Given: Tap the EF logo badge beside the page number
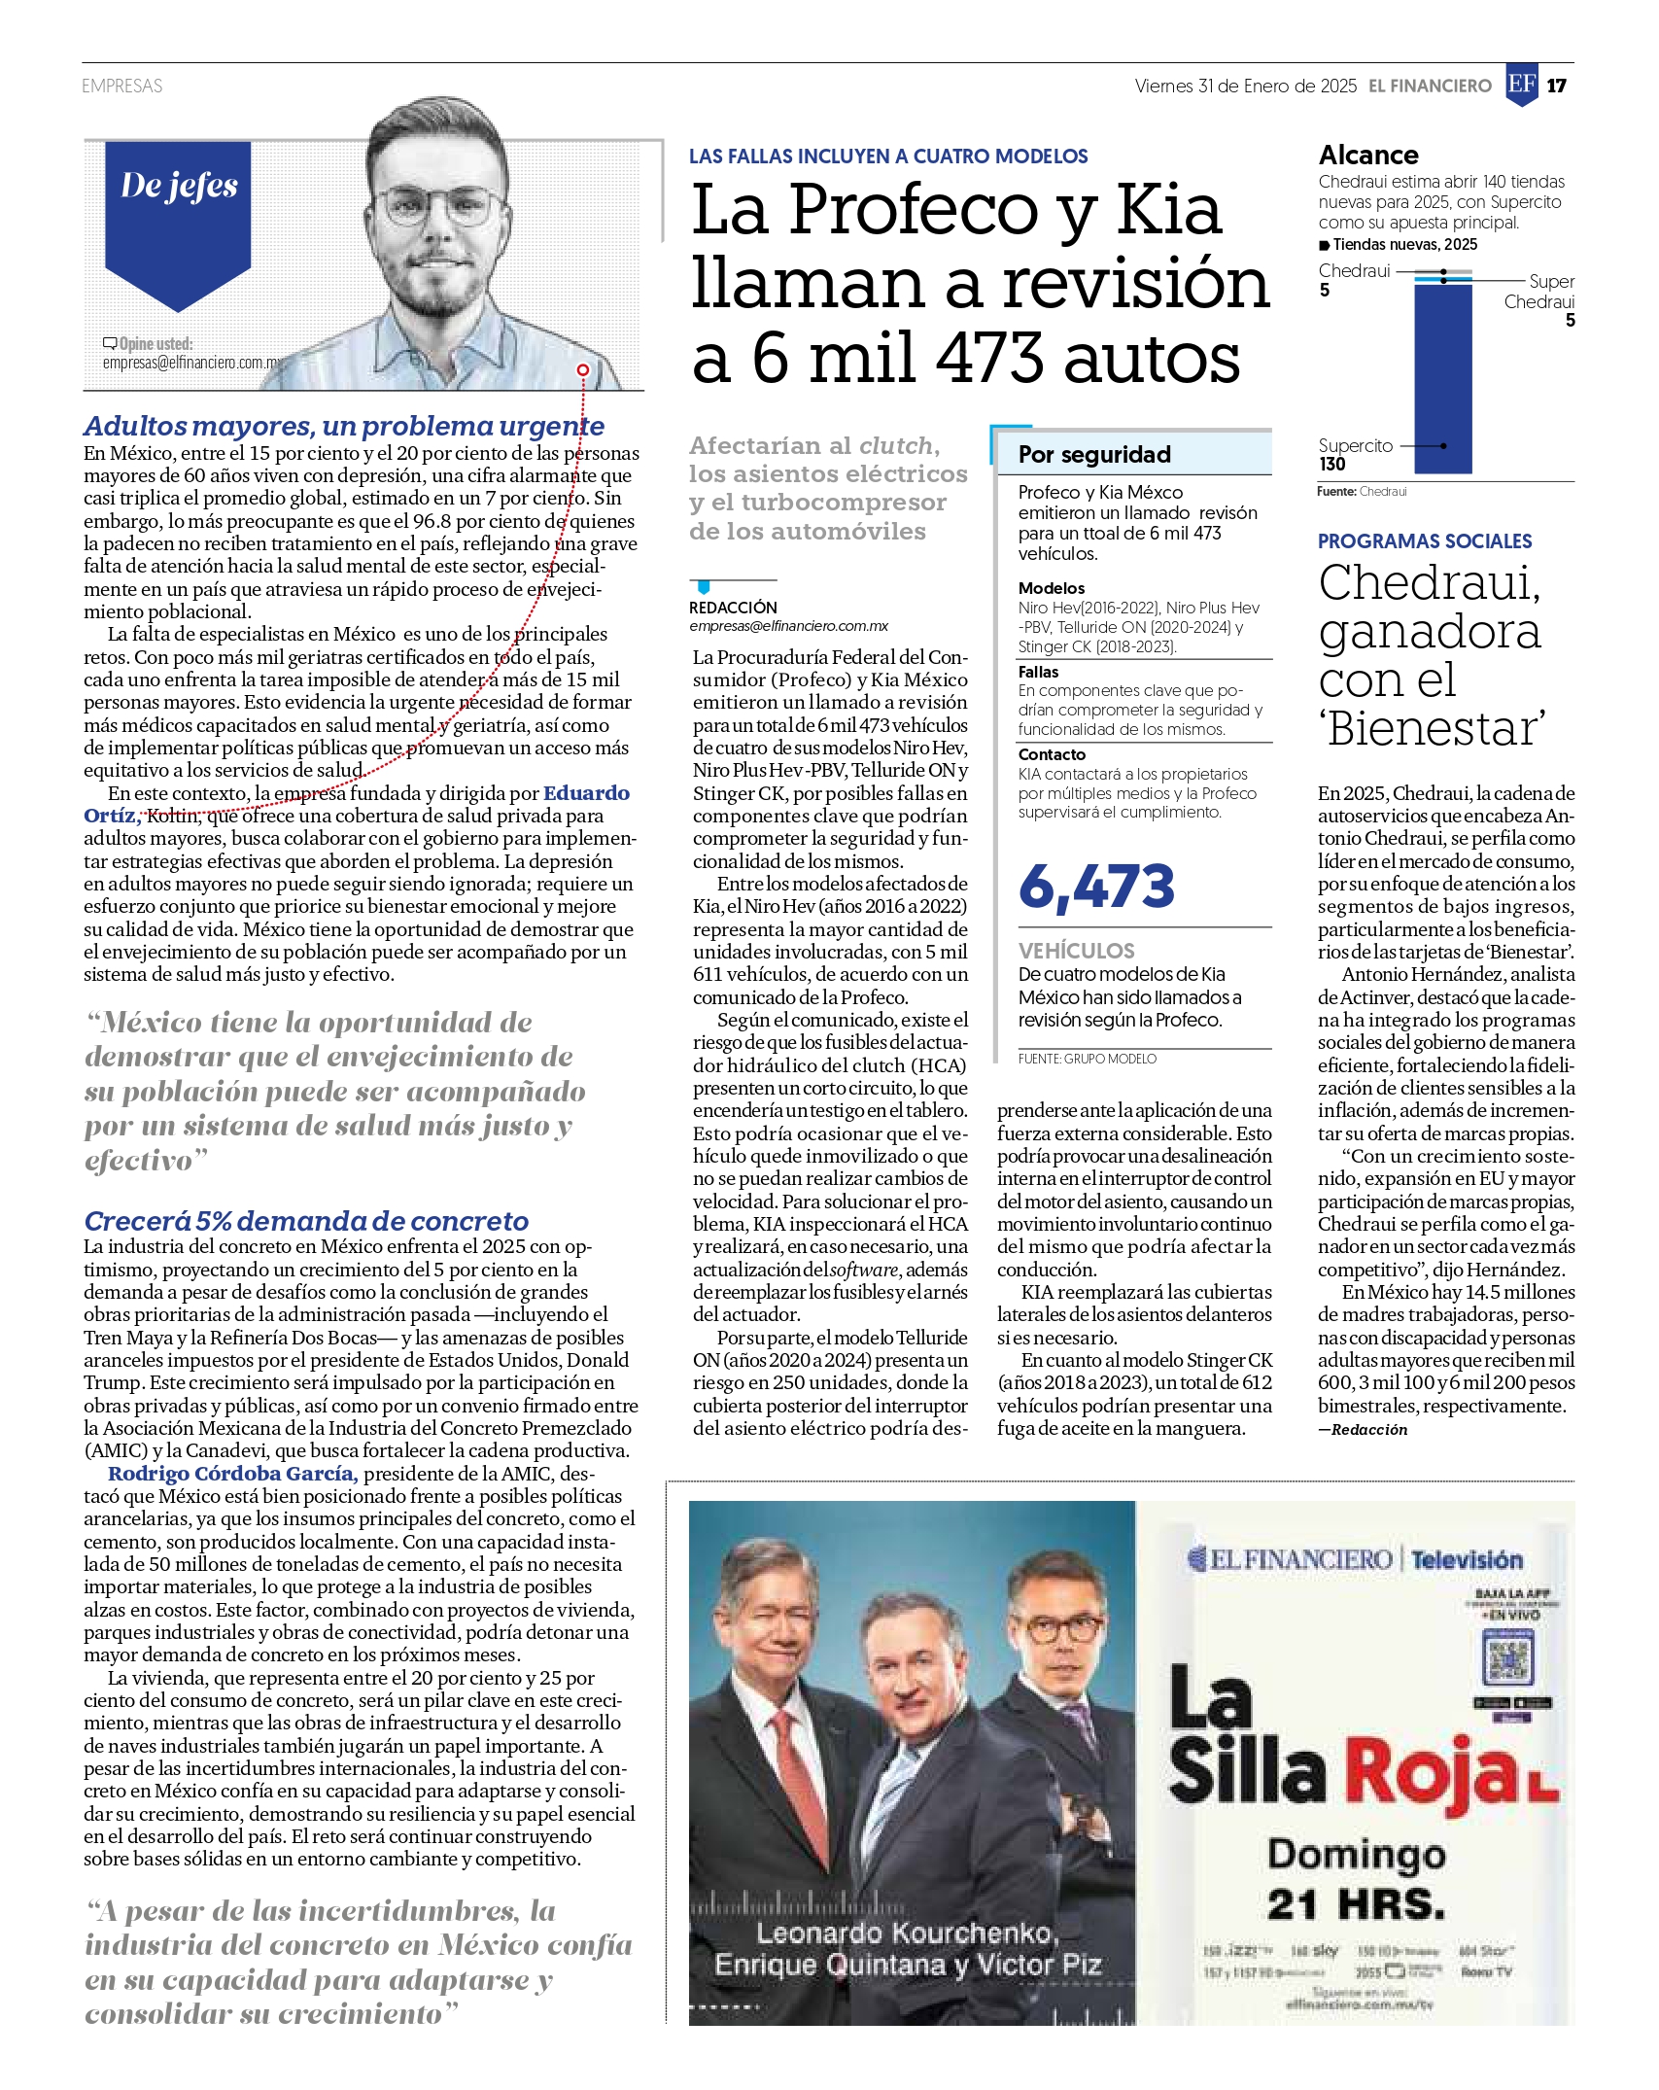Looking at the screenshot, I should click(x=1521, y=85).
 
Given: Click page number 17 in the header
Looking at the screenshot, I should click(x=1557, y=86).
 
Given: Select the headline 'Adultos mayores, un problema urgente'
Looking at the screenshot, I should click(x=344, y=426).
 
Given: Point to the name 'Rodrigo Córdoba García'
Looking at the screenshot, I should click(x=233, y=1474).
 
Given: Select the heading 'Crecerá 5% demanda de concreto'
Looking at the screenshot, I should click(x=306, y=1221).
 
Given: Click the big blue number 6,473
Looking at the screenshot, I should click(x=1096, y=887).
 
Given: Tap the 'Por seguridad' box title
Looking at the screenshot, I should click(x=1094, y=455).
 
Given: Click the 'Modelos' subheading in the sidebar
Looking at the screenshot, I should click(x=1052, y=588).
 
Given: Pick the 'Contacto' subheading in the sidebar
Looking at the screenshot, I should click(x=1052, y=754).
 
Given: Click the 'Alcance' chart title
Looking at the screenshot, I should click(x=1368, y=156).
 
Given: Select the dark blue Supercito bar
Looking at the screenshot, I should click(x=1442, y=379).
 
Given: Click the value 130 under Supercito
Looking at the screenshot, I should click(x=1332, y=465).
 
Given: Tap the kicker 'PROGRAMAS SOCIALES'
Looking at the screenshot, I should click(x=1425, y=541).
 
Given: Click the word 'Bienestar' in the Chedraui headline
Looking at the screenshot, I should click(x=1434, y=729).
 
